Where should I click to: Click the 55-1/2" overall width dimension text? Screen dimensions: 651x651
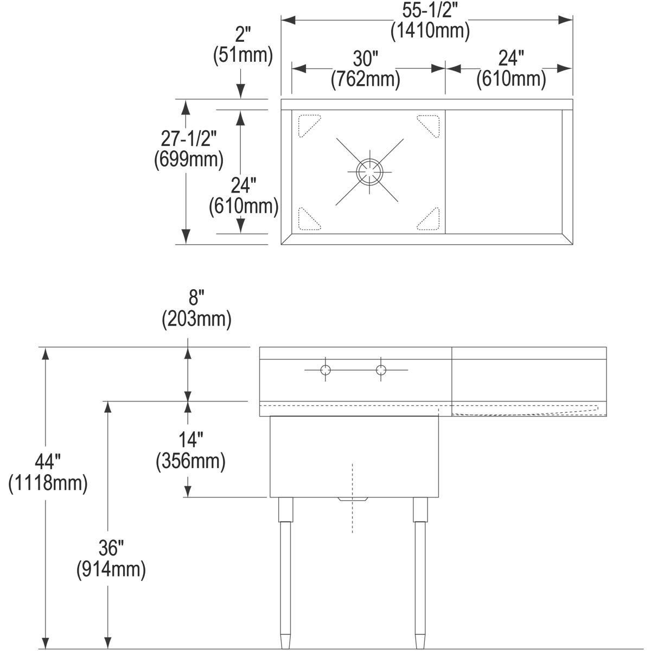(430, 11)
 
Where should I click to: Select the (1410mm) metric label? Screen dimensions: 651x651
(430, 30)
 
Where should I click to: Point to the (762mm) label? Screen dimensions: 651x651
(366, 79)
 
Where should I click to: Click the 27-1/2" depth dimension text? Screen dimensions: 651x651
(189, 139)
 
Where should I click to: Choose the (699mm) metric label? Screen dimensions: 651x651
(189, 159)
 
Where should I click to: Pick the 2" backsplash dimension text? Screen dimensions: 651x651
(242, 35)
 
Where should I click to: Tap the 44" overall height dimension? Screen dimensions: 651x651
(48, 462)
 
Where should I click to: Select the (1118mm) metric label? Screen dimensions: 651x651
(48, 483)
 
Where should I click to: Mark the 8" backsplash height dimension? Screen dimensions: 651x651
(196, 299)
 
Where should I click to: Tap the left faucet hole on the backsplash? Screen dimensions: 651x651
(325, 371)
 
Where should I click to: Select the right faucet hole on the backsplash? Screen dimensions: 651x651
(381, 371)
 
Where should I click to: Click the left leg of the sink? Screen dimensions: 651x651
(285, 570)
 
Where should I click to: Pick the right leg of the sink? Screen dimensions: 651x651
(420, 570)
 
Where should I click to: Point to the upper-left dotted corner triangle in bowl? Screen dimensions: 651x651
(308, 124)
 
